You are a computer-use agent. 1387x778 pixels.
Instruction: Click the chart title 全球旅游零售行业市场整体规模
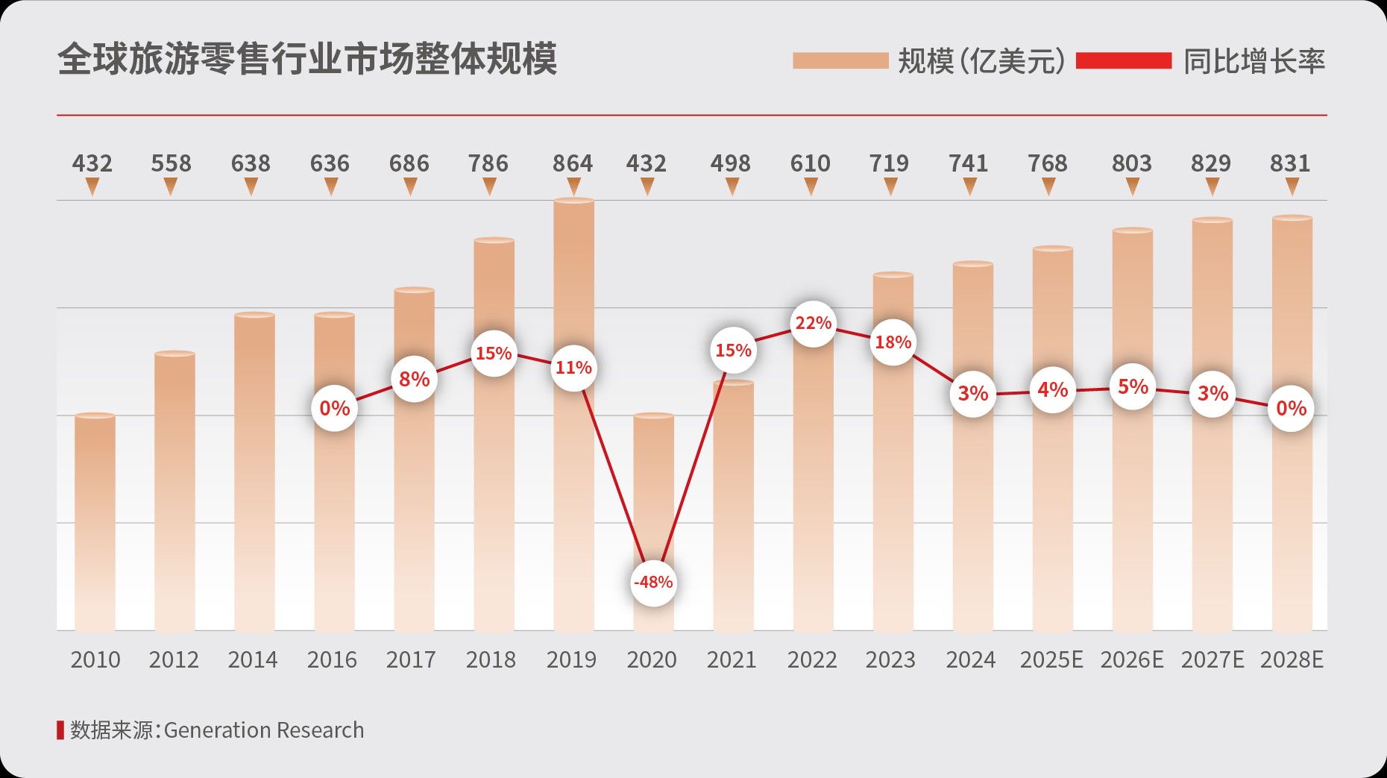pyautogui.click(x=306, y=60)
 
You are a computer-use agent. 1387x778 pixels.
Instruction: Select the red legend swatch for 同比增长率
pyautogui.click(x=1124, y=60)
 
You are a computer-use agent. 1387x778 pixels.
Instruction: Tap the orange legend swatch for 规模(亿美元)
pyautogui.click(x=840, y=60)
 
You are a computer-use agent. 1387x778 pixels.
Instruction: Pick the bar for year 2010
pyautogui.click(x=95, y=522)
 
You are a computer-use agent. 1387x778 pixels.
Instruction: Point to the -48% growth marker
pyautogui.click(x=653, y=583)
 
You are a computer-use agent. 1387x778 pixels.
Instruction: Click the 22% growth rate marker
pyautogui.click(x=813, y=324)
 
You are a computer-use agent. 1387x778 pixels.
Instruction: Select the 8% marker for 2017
pyautogui.click(x=414, y=380)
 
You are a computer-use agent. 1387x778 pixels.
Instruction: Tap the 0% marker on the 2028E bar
pyautogui.click(x=1291, y=409)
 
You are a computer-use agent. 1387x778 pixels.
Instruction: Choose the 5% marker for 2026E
pyautogui.click(x=1132, y=387)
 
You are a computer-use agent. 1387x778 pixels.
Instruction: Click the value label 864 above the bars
pyautogui.click(x=572, y=163)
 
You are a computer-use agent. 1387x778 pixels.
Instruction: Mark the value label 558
pyautogui.click(x=171, y=163)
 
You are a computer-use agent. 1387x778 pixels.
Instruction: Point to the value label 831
pyautogui.click(x=1289, y=163)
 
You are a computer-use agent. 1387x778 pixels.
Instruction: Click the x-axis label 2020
pyautogui.click(x=651, y=660)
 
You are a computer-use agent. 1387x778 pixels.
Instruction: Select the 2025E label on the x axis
pyautogui.click(x=1051, y=660)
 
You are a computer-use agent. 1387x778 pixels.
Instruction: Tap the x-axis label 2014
pyautogui.click(x=253, y=660)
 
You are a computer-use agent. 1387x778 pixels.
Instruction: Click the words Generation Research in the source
pyautogui.click(x=264, y=730)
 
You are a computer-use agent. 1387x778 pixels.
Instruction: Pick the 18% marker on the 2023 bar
pyautogui.click(x=893, y=342)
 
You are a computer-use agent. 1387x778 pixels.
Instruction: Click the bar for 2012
pyautogui.click(x=174, y=492)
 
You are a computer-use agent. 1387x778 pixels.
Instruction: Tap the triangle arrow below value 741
pyautogui.click(x=969, y=188)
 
